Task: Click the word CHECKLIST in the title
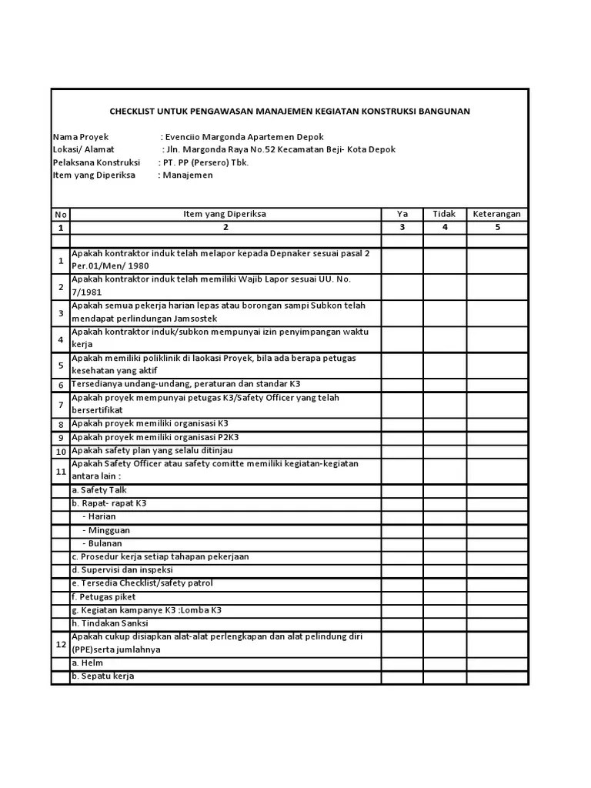coord(132,112)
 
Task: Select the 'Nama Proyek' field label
coord(82,136)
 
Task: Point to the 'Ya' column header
coord(402,214)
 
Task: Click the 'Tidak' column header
coord(444,214)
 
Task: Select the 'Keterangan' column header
coord(496,214)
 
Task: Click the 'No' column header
coord(61,214)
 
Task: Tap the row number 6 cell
coord(61,385)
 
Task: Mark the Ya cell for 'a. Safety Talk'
coord(402,490)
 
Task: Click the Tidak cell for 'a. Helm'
coord(444,663)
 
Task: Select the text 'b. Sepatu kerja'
coord(103,676)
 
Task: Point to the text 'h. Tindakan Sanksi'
coord(110,623)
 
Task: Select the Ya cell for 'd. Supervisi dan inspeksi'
coord(402,570)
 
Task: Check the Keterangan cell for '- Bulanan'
coord(496,543)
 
